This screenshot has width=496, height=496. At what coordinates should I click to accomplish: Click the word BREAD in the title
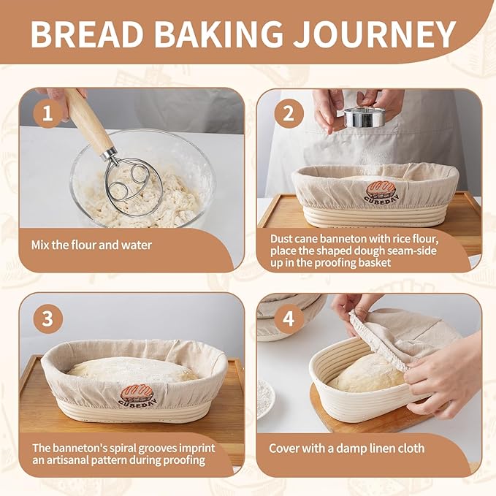(87, 34)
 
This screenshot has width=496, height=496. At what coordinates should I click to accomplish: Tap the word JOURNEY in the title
(374, 34)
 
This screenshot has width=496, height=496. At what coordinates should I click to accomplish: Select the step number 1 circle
(47, 113)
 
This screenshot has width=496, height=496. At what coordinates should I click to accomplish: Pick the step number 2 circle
(289, 113)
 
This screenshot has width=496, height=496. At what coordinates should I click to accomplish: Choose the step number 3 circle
(47, 318)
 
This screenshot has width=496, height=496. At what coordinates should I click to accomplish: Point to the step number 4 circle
(289, 318)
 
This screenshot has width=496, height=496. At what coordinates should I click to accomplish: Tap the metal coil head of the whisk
(132, 186)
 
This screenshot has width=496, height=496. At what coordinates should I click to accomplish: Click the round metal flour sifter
(365, 117)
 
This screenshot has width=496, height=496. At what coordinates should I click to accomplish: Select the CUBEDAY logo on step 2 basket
(381, 191)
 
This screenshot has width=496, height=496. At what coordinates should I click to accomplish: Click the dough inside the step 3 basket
(133, 370)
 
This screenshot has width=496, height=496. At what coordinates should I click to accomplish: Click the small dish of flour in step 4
(265, 399)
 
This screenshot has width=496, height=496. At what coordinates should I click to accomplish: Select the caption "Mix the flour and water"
(91, 245)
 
